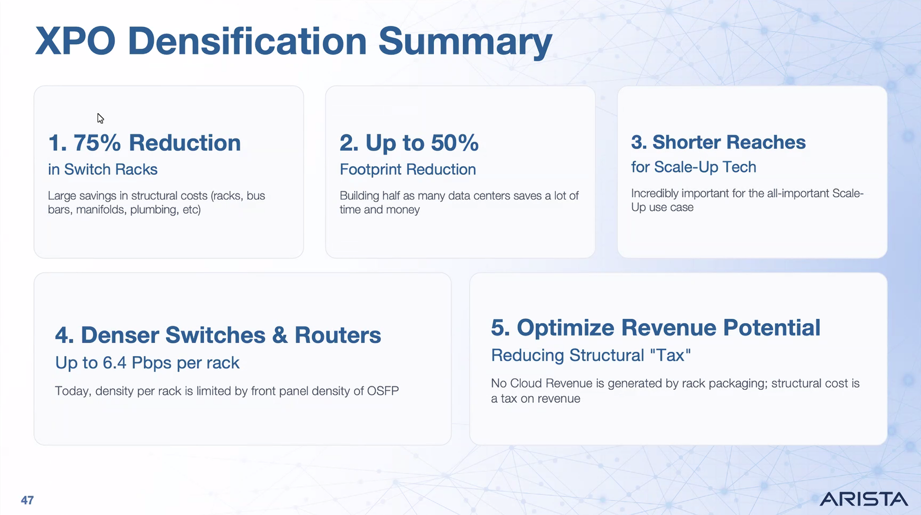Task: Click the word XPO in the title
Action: (76, 41)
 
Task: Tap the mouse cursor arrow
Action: (100, 118)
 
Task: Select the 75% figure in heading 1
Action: (97, 143)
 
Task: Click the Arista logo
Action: (863, 499)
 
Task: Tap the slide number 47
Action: (27, 500)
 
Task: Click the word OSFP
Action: (383, 391)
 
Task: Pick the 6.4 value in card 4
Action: (114, 363)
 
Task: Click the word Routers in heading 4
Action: (338, 335)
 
